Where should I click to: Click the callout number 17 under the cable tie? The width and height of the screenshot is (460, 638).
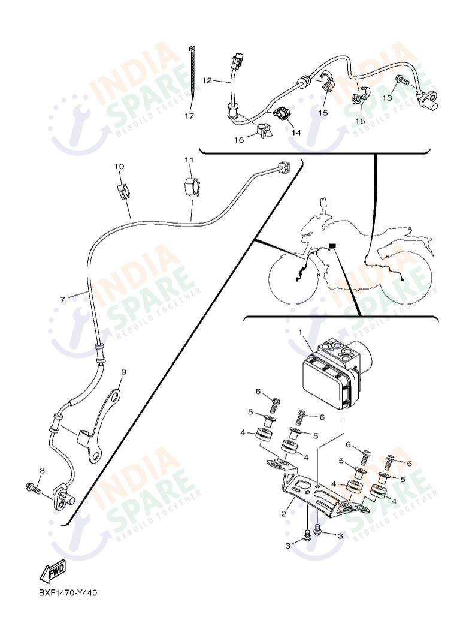tap(189, 116)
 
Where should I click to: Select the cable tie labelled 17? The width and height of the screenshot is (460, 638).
tap(193, 72)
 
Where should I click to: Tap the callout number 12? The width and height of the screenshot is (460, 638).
tap(207, 80)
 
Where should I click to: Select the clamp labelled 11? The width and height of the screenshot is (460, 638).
tap(190, 188)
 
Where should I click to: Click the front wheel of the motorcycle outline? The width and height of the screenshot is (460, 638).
tap(294, 279)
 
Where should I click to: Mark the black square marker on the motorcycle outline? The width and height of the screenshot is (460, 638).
tap(332, 246)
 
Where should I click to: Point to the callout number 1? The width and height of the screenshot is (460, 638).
tap(300, 331)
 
